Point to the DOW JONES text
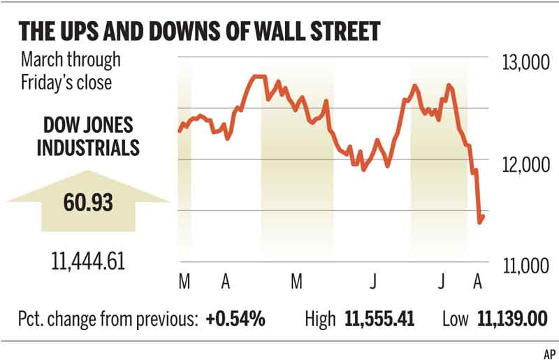[88, 127]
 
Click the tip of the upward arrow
[88, 171]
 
